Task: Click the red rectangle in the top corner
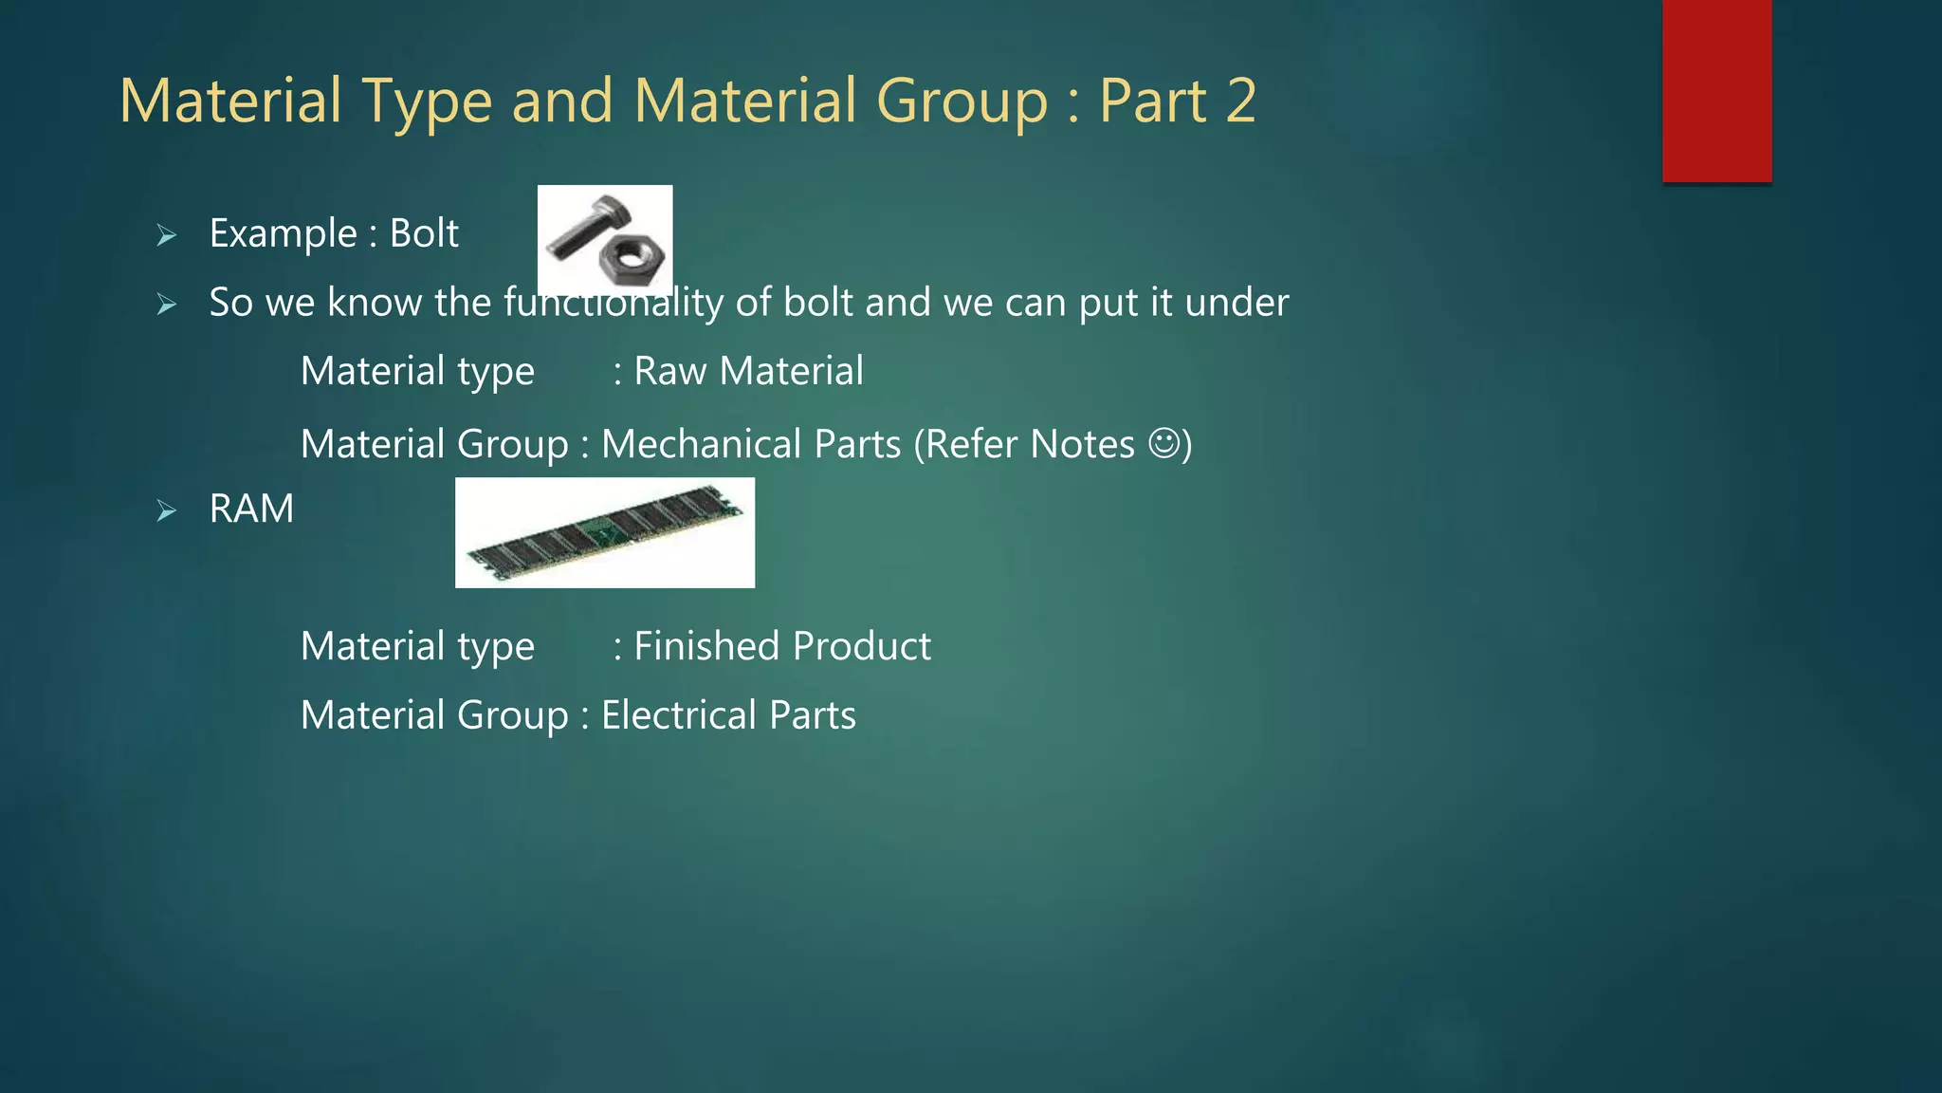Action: pyautogui.click(x=1716, y=90)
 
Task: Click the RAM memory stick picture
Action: pyautogui.click(x=605, y=532)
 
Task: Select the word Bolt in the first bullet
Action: pyautogui.click(x=424, y=233)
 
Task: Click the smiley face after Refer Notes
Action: pyautogui.click(x=1163, y=443)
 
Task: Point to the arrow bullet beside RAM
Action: pyautogui.click(x=167, y=511)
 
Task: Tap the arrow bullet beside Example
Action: pyautogui.click(x=167, y=235)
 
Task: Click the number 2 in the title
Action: pyautogui.click(x=1240, y=101)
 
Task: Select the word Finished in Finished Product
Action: pyautogui.click(x=706, y=646)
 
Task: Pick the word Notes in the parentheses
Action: pyautogui.click(x=1082, y=444)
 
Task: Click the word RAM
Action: pyautogui.click(x=251, y=509)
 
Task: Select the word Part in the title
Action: pyautogui.click(x=1152, y=101)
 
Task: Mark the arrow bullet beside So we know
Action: pyautogui.click(x=167, y=305)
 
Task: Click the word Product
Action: pyautogui.click(x=862, y=646)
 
